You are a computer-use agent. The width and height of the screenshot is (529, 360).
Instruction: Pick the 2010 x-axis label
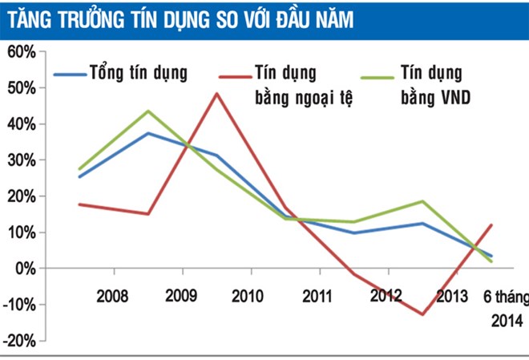tap(248, 296)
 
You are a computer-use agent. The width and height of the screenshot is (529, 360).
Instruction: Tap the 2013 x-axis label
tap(453, 296)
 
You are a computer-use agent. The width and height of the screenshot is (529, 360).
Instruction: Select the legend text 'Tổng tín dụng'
tap(138, 74)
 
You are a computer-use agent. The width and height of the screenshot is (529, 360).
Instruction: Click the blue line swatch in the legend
tap(70, 75)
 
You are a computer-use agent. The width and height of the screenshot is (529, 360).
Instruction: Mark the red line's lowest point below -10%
tap(422, 314)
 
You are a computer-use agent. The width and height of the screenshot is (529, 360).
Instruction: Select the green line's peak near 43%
tap(148, 111)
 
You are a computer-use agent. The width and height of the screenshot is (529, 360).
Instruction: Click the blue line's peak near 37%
tap(148, 133)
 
